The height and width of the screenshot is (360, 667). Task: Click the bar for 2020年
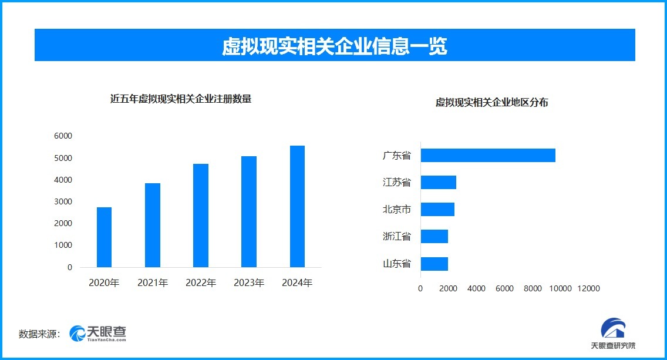click(104, 237)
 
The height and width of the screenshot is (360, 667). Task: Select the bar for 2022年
click(201, 216)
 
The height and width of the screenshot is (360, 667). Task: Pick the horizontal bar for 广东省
click(488, 156)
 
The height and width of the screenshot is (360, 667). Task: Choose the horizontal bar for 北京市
click(437, 209)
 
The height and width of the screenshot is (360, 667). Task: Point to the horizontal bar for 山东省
click(434, 264)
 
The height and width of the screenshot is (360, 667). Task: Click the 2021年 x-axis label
click(153, 283)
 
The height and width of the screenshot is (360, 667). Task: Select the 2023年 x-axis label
click(249, 283)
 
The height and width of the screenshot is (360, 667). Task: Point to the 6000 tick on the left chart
click(62, 136)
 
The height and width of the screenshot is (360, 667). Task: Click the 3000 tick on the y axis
click(62, 201)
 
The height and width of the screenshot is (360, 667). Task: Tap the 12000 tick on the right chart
click(588, 288)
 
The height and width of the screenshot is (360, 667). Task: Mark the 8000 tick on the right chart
click(533, 288)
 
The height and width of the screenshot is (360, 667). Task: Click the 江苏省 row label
click(397, 182)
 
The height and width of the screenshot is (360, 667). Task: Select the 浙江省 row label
click(397, 236)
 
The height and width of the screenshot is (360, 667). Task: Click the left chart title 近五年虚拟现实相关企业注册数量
click(181, 99)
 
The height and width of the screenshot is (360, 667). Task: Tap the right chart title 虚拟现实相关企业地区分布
click(492, 102)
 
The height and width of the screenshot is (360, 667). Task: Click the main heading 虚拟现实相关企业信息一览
click(335, 46)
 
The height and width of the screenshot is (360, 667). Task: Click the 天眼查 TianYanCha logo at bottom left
click(98, 334)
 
